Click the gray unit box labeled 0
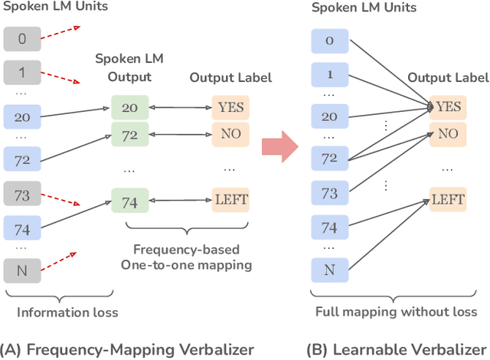click(22, 38)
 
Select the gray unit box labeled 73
click(22, 195)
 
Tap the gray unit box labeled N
click(22, 270)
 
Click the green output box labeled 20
click(129, 107)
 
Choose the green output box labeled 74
click(129, 201)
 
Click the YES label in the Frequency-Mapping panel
click(230, 107)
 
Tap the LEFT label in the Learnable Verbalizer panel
click(448, 201)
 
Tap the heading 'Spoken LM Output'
click(129, 68)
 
